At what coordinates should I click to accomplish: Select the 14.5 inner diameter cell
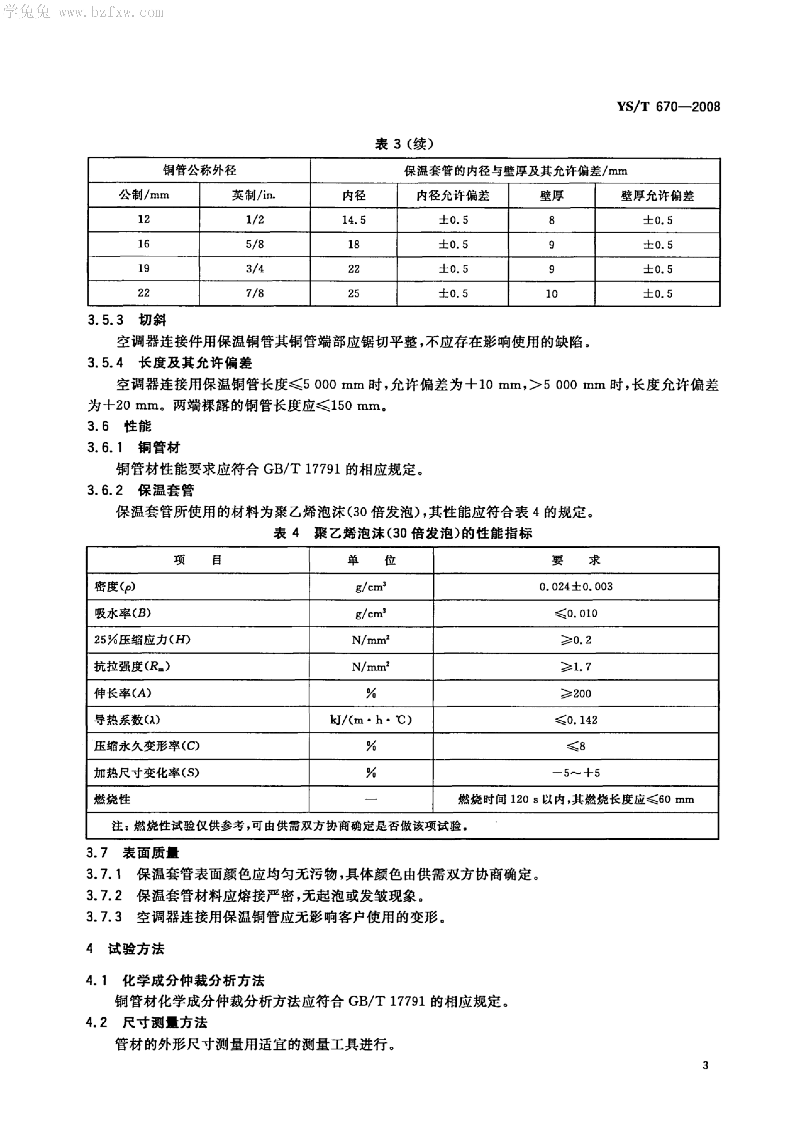(354, 220)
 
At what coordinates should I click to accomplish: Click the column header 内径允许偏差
(453, 195)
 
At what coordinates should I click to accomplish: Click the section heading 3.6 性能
(119, 426)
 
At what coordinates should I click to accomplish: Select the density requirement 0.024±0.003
(576, 587)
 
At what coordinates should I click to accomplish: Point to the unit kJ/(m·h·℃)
(371, 720)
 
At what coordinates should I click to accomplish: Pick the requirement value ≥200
(576, 693)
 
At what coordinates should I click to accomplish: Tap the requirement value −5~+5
(576, 773)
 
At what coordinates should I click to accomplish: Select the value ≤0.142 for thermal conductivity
(576, 720)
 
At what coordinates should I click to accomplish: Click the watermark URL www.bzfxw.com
(111, 12)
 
